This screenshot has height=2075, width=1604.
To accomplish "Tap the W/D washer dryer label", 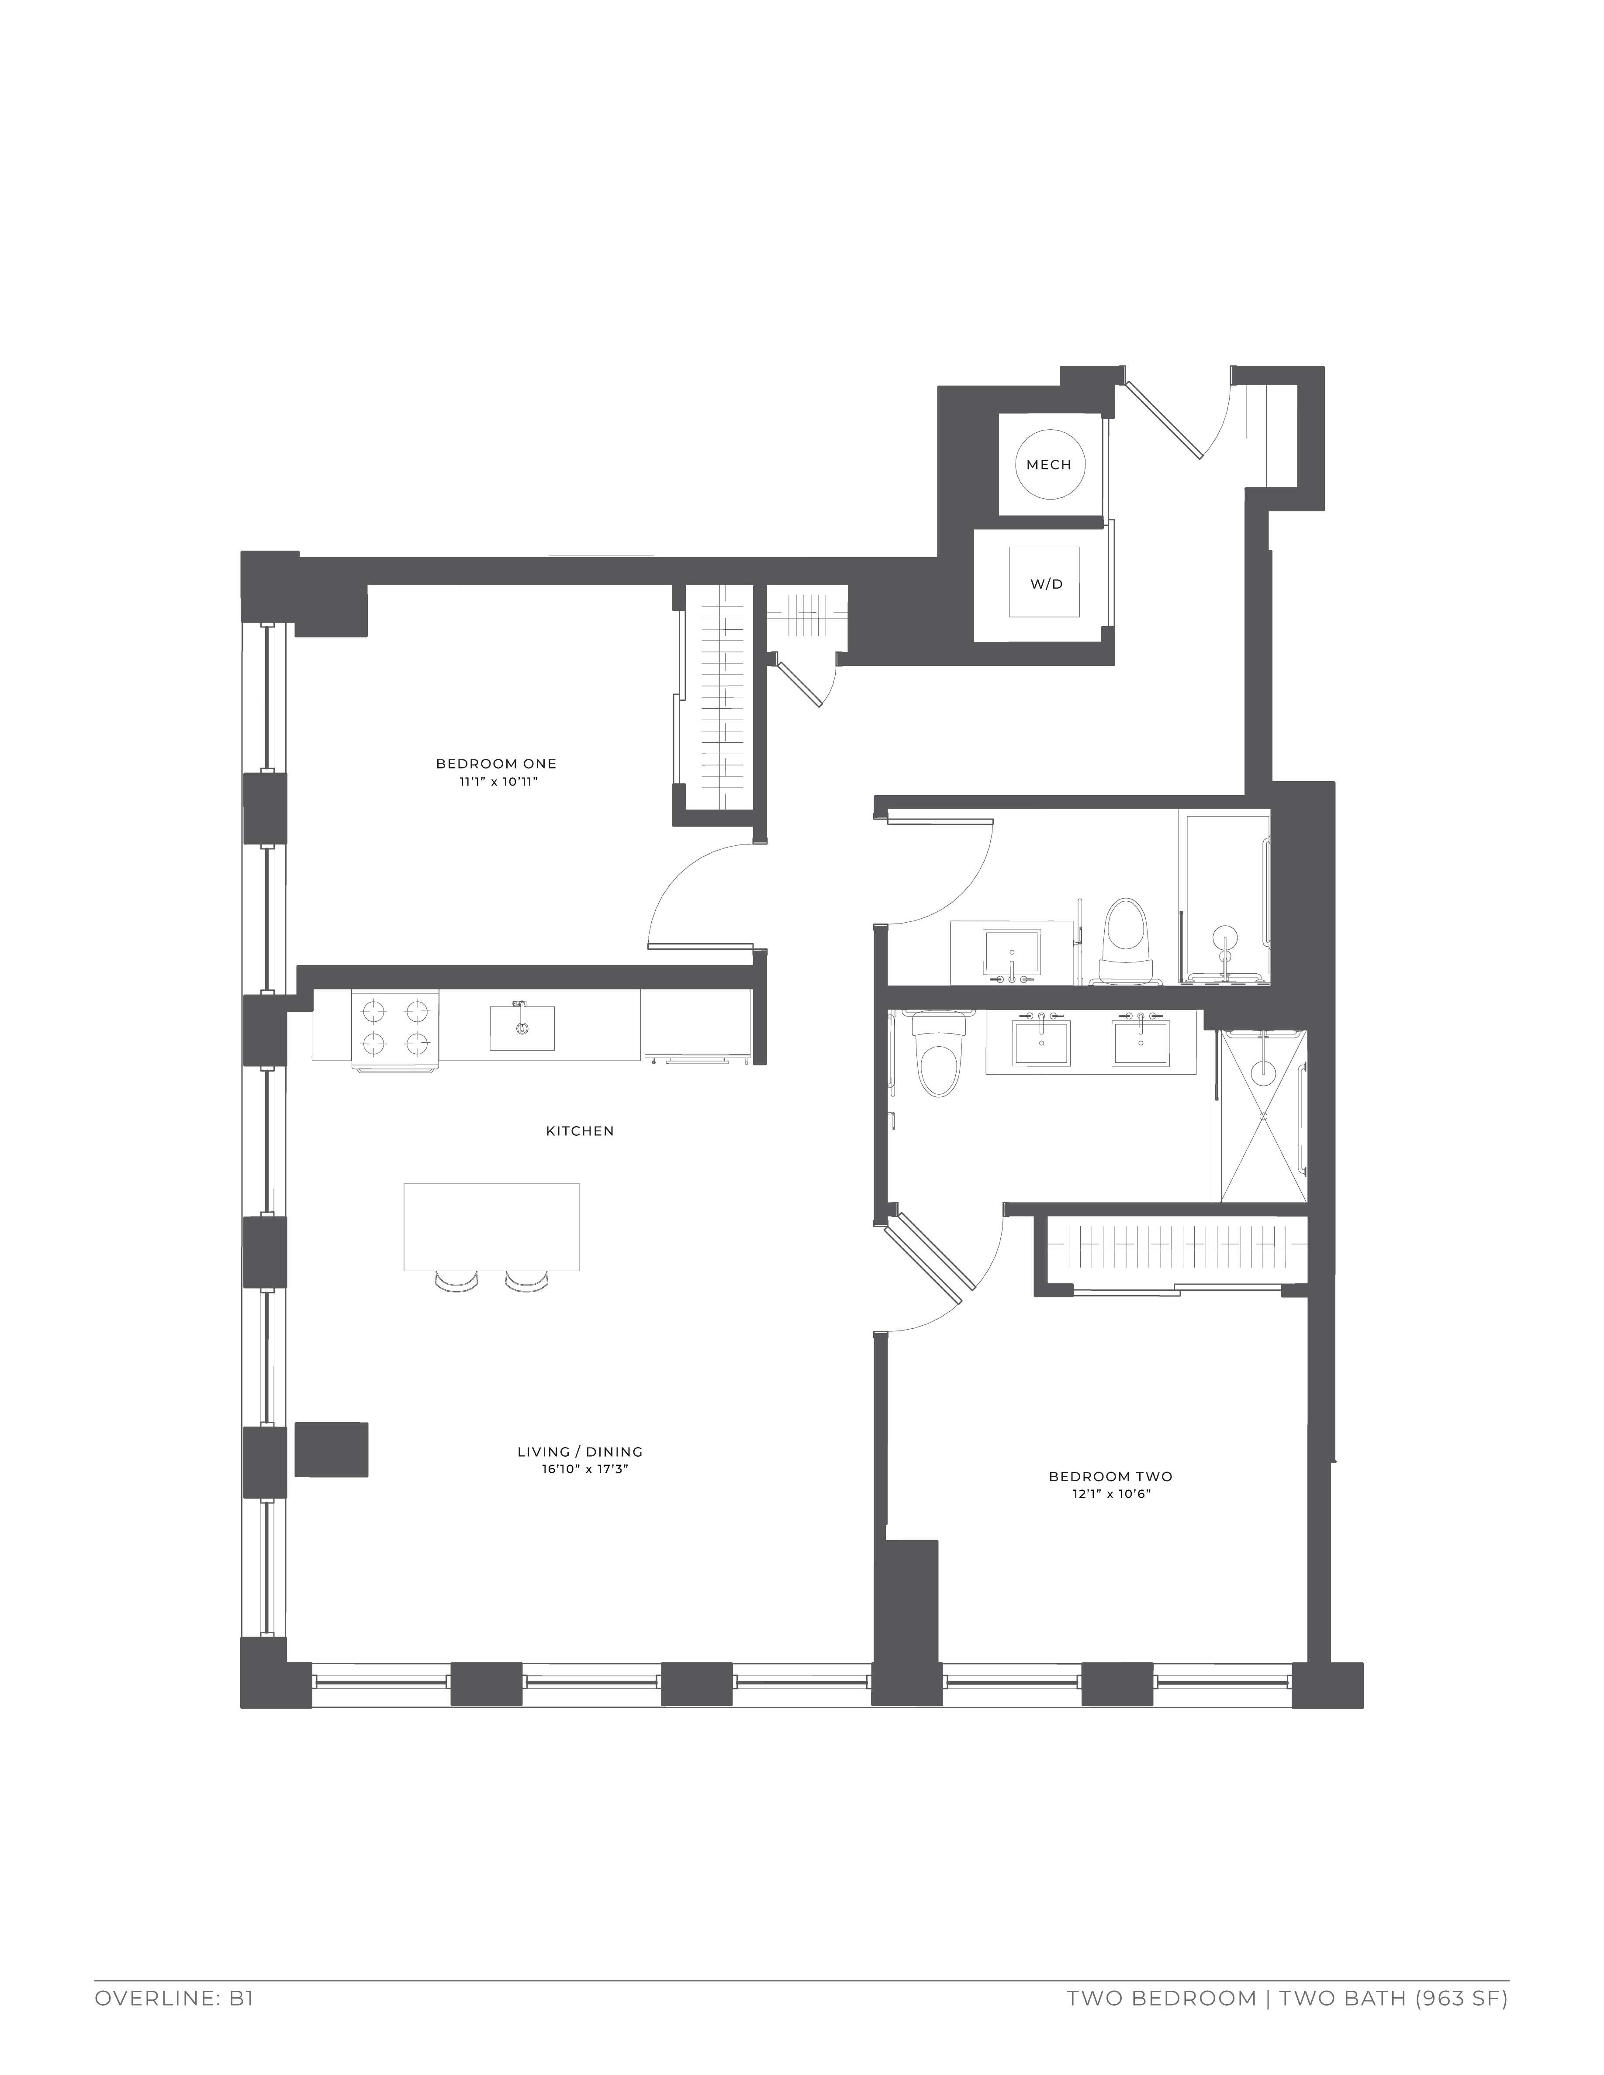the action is coord(1046,584).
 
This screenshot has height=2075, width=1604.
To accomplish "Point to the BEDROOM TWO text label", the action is coord(1110,1476).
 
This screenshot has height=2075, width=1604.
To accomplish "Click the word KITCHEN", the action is coord(580,1131).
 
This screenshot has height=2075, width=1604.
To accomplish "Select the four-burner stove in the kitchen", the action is coord(395,1031).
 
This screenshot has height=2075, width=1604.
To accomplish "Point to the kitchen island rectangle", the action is coord(491,1227).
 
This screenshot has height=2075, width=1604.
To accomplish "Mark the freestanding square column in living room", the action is coord(332,1449).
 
